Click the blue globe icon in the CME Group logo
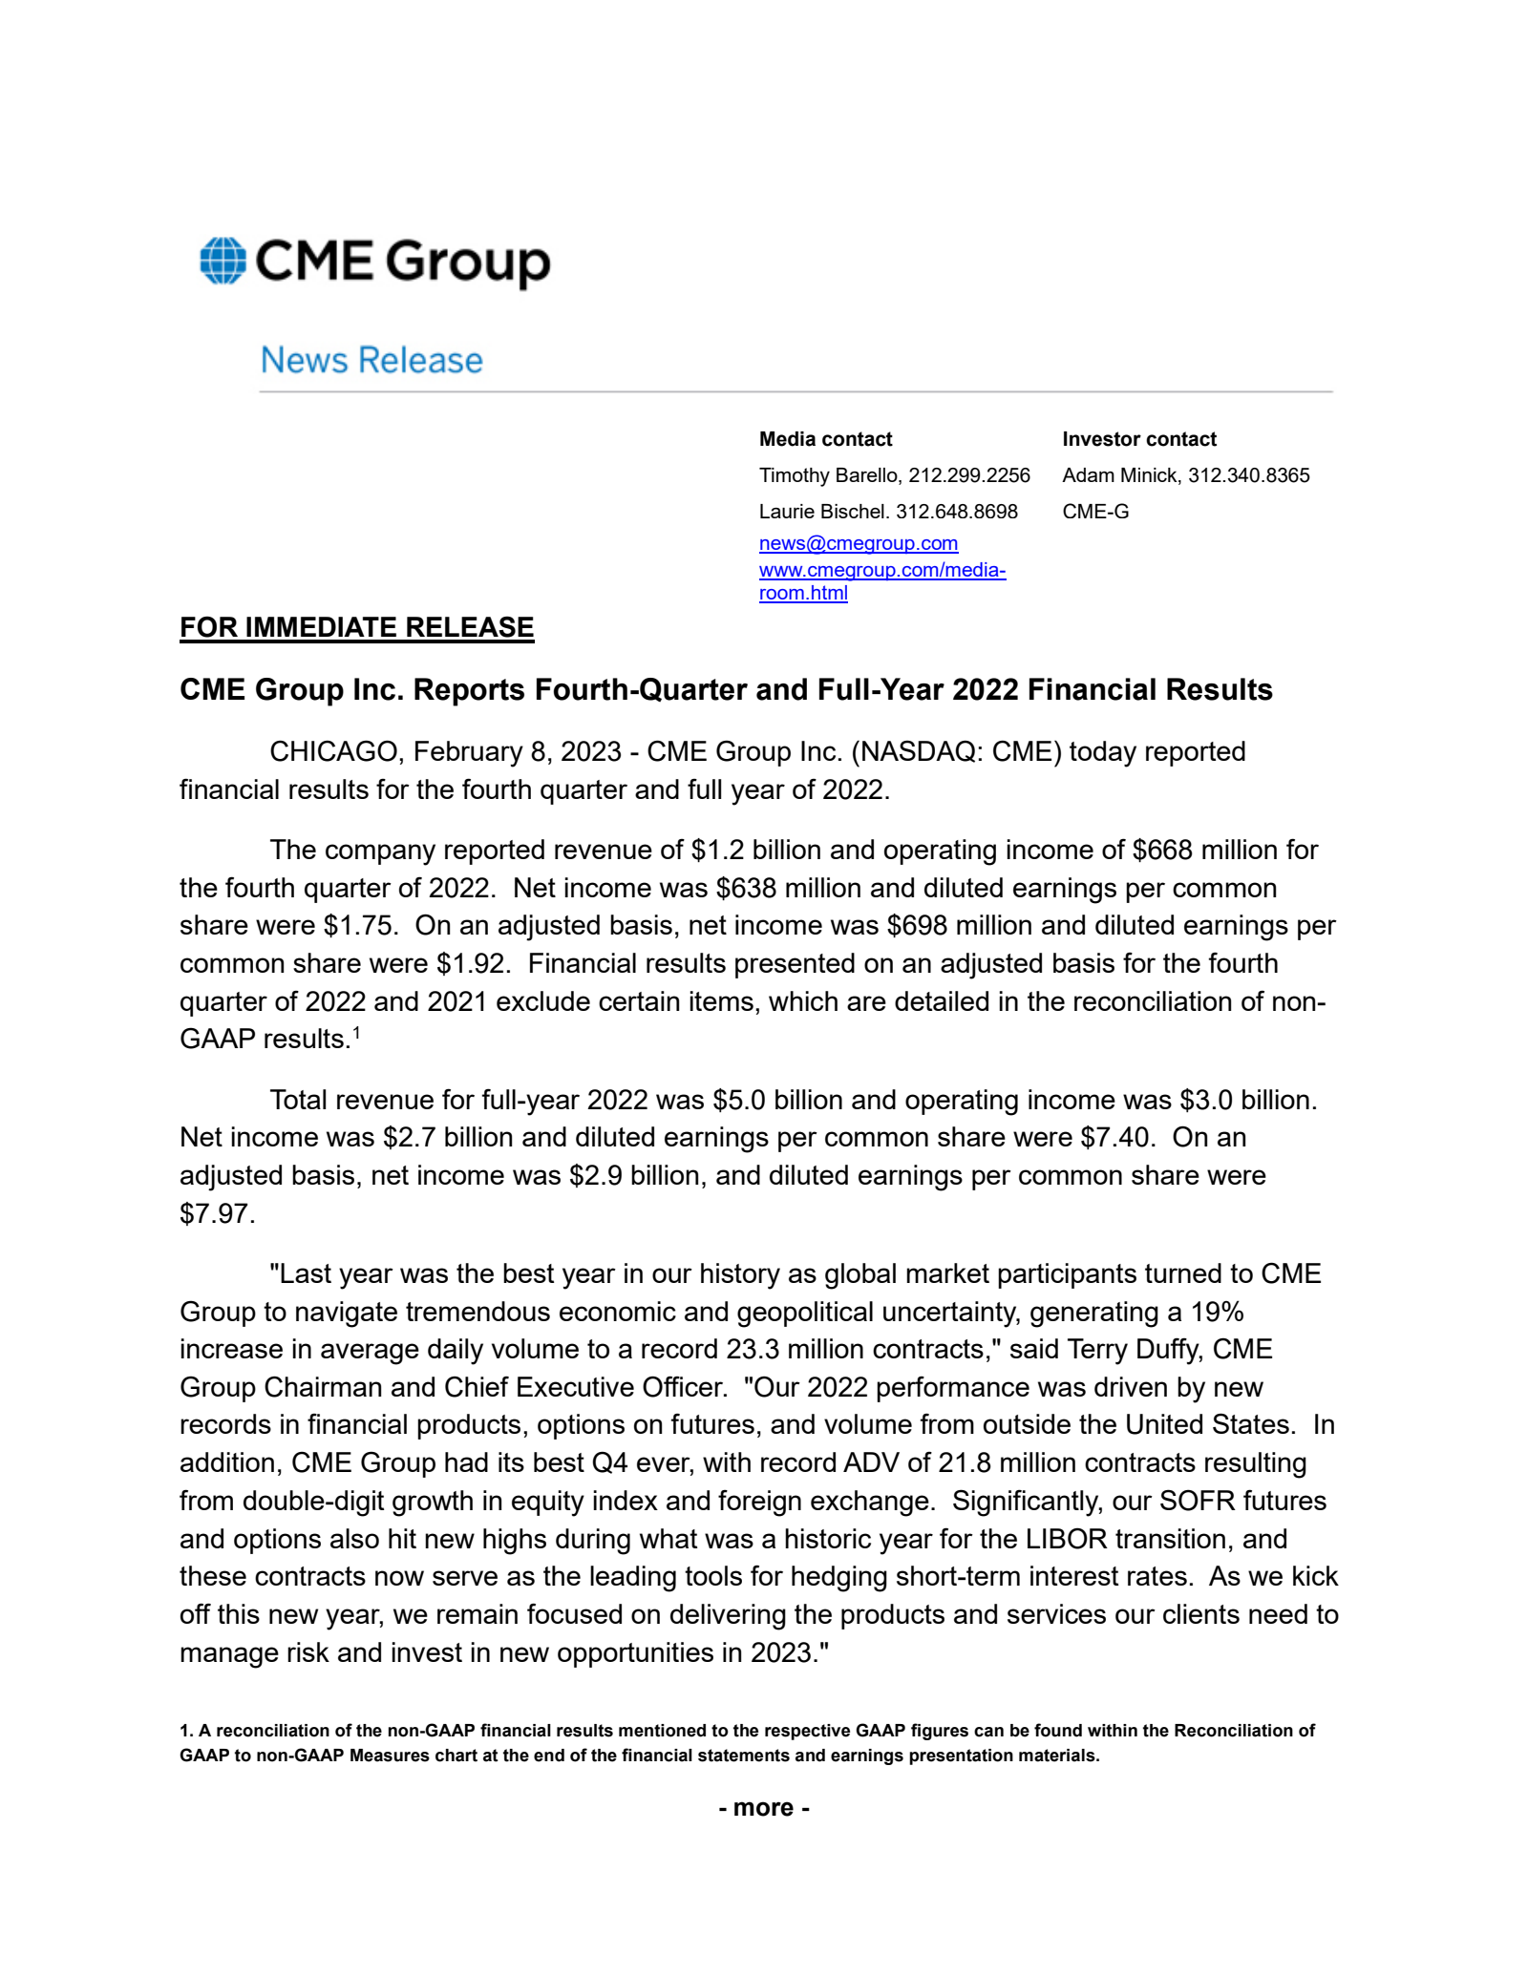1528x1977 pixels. pos(223,261)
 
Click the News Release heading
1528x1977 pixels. pos(371,361)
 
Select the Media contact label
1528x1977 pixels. pos(825,439)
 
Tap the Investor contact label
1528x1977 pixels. pos(1139,439)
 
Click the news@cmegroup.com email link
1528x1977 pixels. pos(858,543)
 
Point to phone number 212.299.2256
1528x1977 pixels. pos(969,475)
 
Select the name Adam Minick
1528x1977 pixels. pos(1120,475)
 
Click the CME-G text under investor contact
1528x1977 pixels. pos(1095,512)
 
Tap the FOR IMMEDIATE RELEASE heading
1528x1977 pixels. pos(356,627)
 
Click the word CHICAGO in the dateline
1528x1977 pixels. pos(332,752)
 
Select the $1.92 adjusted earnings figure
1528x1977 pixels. pos(471,963)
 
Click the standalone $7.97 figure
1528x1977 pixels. pos(216,1213)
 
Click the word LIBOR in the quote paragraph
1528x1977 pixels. pos(1066,1539)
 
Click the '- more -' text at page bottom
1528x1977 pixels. pos(764,1807)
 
